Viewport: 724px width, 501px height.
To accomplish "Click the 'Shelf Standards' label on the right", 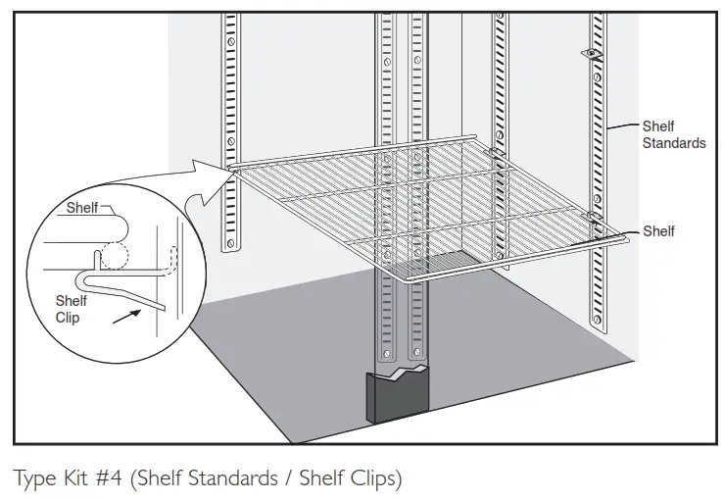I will point(673,134).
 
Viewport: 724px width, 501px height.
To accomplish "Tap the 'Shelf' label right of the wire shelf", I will point(658,231).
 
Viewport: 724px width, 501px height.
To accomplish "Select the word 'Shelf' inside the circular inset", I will point(82,208).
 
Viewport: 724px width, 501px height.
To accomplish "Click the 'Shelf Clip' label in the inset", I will point(71,309).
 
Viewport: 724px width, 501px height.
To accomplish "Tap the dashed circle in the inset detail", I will point(115,254).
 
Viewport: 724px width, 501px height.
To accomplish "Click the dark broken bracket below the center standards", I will point(400,397).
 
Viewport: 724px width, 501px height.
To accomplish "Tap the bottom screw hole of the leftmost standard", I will point(231,236).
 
